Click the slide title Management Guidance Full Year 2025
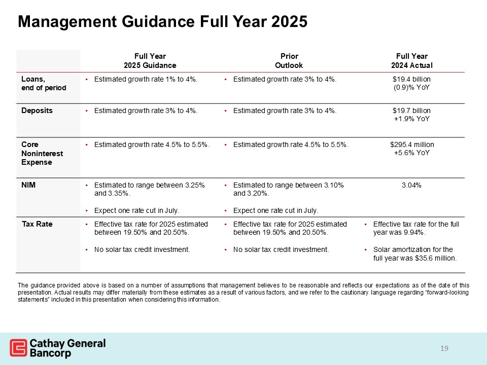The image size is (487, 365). click(162, 22)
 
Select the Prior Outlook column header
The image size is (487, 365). click(289, 61)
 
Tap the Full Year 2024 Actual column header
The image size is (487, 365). click(411, 61)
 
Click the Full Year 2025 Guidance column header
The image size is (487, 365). click(150, 61)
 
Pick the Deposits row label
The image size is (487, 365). click(37, 110)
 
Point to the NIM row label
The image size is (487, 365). click(29, 186)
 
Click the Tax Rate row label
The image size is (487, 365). click(37, 224)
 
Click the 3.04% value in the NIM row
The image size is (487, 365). click(411, 186)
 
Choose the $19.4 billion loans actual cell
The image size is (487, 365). click(411, 84)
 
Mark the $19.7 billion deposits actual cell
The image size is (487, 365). click(411, 114)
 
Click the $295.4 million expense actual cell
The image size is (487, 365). click(411, 149)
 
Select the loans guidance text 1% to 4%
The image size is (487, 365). click(146, 80)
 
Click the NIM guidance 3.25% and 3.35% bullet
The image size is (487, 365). click(150, 190)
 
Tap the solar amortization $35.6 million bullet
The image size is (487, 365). click(414, 254)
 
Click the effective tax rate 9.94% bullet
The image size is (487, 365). click(415, 228)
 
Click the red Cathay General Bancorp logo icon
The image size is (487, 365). click(18, 348)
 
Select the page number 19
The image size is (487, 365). click(445, 348)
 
